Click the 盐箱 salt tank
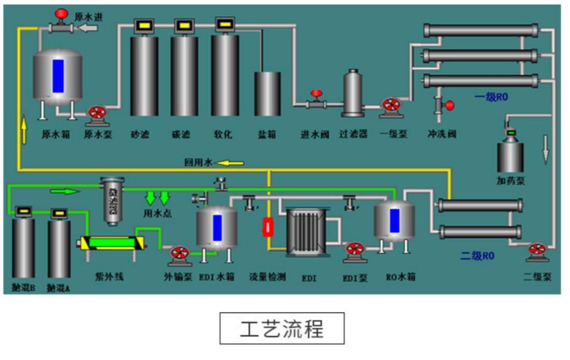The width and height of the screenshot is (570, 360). [x=267, y=93]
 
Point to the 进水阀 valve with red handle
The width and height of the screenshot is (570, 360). [x=316, y=100]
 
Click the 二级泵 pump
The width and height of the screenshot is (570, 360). [x=538, y=250]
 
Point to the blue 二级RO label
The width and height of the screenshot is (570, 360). [x=477, y=256]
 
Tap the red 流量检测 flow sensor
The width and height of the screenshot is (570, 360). [x=268, y=227]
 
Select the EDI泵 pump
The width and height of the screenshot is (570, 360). [x=355, y=251]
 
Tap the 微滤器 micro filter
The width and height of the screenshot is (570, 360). [x=113, y=201]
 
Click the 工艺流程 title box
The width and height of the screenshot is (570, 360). [x=282, y=328]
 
